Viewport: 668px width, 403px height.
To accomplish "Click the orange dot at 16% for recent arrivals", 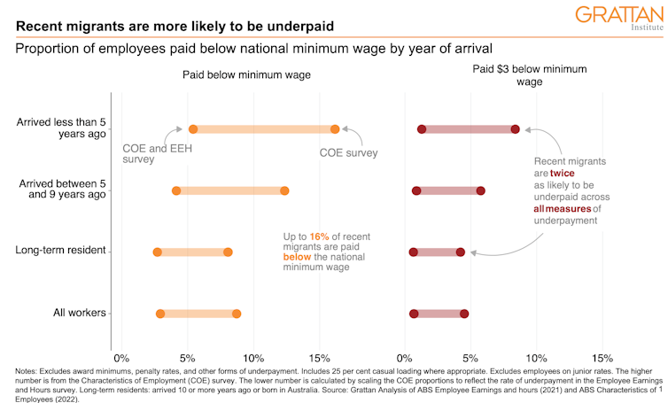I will pos(335,129).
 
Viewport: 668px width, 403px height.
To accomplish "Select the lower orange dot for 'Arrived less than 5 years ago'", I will pos(193,129).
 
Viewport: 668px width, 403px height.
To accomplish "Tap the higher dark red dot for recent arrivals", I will pos(515,129).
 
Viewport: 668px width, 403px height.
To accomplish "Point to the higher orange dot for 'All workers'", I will pos(237,314).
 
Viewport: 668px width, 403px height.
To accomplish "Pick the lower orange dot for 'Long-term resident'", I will pos(158,252).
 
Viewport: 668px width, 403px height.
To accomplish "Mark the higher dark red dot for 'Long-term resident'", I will pos(461,252).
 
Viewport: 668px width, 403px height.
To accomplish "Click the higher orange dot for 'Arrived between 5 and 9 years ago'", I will pos(284,190).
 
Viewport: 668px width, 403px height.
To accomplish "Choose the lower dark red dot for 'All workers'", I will pos(414,314).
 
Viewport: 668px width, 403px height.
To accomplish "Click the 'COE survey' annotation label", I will pos(348,152).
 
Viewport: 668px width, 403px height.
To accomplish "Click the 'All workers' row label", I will pos(74,313).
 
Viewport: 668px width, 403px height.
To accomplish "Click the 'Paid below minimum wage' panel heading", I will pos(246,75).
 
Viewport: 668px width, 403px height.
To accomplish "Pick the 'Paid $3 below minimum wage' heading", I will pos(530,75).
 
